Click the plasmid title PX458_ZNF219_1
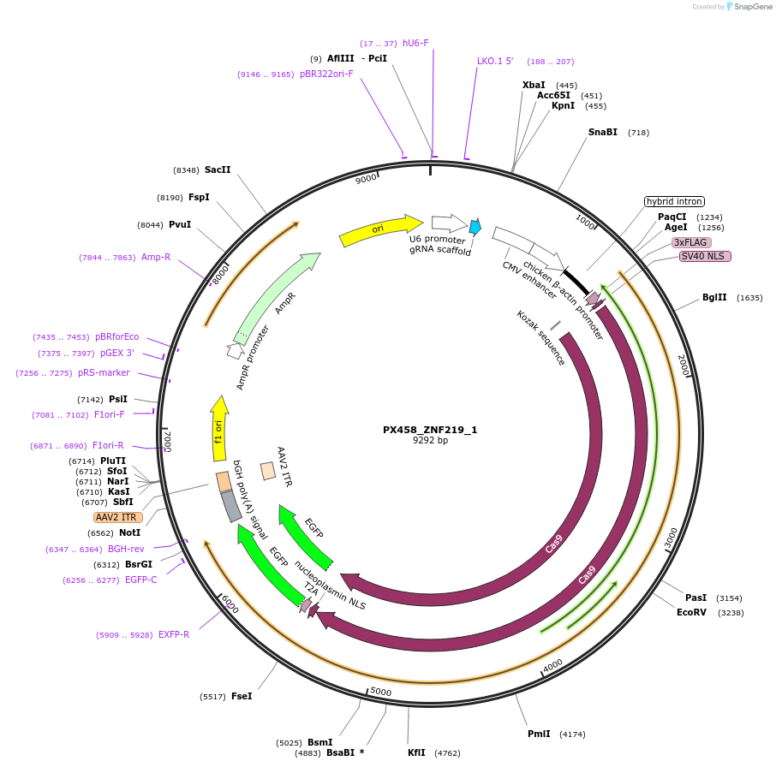click(x=430, y=430)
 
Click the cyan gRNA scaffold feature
click(x=475, y=227)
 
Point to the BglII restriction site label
click(x=714, y=298)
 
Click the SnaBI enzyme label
click(x=602, y=133)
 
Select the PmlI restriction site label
click(x=540, y=734)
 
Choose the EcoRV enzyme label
click(x=691, y=613)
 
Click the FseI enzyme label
click(x=242, y=697)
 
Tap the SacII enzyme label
click(x=218, y=170)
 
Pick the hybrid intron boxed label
click(x=674, y=201)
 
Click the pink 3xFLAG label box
click(x=690, y=242)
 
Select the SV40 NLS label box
click(x=705, y=256)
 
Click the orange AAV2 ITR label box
click(x=118, y=517)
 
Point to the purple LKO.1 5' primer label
click(x=495, y=62)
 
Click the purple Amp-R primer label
click(x=155, y=258)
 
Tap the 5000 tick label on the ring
click(x=379, y=692)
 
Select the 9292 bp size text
click(x=430, y=441)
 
